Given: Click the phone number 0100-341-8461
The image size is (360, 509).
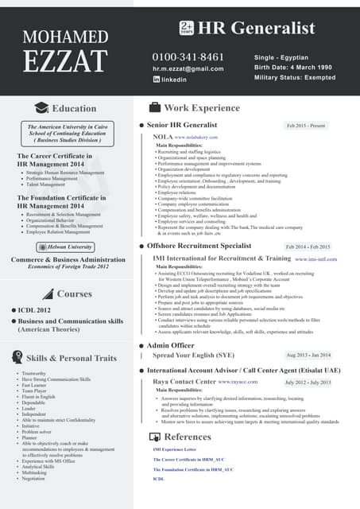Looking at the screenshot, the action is (x=188, y=57).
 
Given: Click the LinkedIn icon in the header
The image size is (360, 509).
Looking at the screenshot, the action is (x=157, y=80).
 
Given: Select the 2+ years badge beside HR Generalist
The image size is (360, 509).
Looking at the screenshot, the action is (x=187, y=28).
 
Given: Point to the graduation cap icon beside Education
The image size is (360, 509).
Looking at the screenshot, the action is (x=41, y=108).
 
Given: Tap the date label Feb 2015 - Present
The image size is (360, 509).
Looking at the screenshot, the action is (x=306, y=126).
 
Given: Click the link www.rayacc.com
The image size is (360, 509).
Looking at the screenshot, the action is (x=242, y=383).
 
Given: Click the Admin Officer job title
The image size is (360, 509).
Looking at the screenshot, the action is (x=170, y=346).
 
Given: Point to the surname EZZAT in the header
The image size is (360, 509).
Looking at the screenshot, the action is (x=65, y=61).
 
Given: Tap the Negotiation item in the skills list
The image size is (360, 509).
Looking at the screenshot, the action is (x=33, y=478).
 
